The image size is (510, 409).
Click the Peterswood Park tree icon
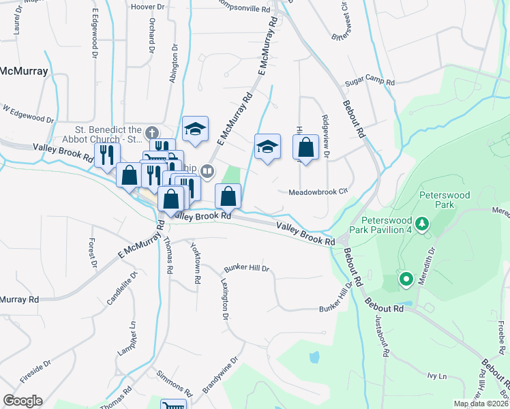coord(422,224)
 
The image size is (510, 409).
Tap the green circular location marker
coord(406,278)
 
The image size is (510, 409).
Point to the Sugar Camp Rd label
coord(370,81)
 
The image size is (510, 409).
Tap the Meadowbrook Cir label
coord(318,192)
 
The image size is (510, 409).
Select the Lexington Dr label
coord(224,297)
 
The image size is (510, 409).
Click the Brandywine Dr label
coord(220,375)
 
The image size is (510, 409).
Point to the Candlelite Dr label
coord(122,288)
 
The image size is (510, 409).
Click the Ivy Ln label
coord(436,376)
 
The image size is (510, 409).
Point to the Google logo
coord(22,401)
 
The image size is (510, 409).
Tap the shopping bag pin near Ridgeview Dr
coord(305,147)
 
